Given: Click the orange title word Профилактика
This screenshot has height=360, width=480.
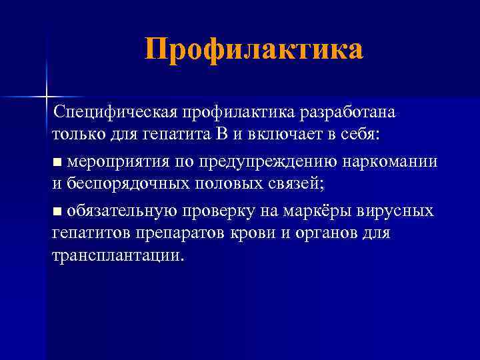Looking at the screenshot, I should click(x=254, y=50).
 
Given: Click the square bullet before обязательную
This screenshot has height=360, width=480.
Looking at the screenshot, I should click(x=57, y=212).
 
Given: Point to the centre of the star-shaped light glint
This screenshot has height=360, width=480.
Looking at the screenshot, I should click(x=47, y=96).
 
